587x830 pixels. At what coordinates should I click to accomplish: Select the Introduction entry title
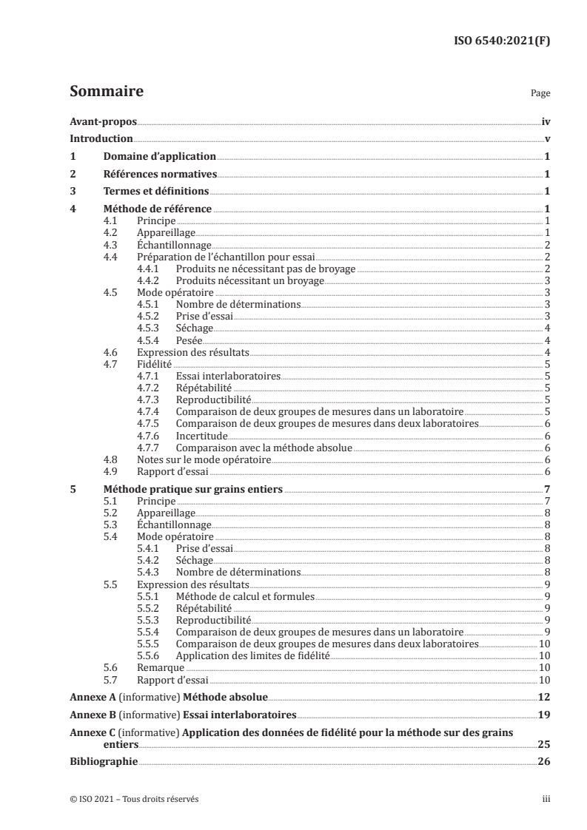point(101,139)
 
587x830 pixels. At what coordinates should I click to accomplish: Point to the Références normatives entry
point(160,175)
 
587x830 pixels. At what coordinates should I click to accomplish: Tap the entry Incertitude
point(201,436)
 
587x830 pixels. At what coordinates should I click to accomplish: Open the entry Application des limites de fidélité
point(252,655)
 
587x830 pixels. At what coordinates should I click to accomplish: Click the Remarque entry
point(161,667)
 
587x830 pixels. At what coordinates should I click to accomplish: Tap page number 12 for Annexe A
point(544,698)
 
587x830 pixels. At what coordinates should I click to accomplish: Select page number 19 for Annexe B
point(544,715)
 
